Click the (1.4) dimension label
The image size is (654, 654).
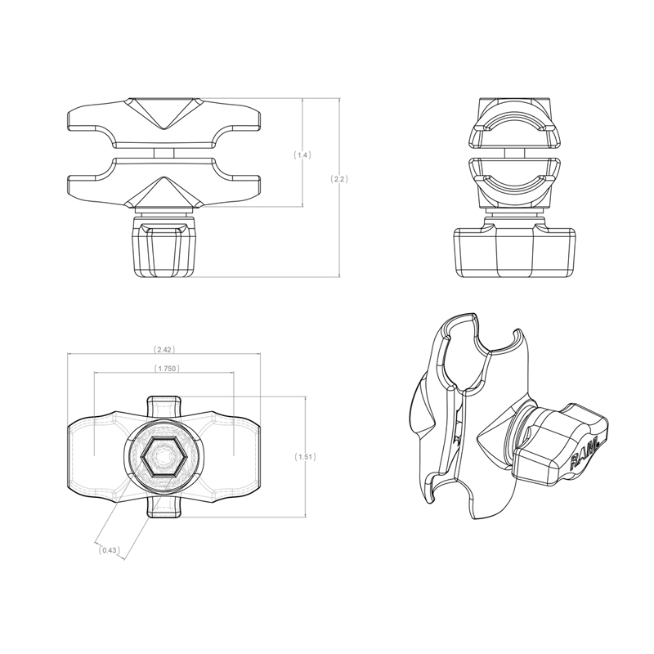pos(302,155)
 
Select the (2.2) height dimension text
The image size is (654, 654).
pos(338,178)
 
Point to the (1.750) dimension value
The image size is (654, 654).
pos(166,369)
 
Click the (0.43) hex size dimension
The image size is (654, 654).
pos(109,551)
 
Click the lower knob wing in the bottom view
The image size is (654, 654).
pos(164,508)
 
